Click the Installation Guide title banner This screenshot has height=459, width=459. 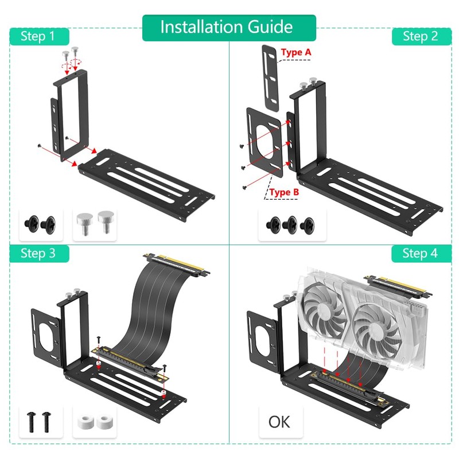[x=229, y=28]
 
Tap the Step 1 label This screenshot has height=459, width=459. [x=38, y=37]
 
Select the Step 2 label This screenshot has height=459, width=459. [x=421, y=37]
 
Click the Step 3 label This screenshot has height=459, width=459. [x=38, y=253]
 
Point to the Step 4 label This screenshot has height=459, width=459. [x=421, y=253]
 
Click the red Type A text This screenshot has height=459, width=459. [x=297, y=53]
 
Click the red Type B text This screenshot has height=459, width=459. [x=285, y=192]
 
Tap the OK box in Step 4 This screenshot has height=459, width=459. [x=279, y=422]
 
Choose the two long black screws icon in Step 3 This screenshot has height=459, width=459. [x=38, y=422]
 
